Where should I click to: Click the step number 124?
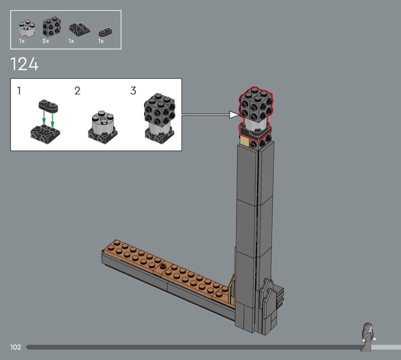pos(24,64)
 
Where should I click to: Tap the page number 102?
pos(16,347)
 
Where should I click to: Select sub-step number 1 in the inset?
pos(19,91)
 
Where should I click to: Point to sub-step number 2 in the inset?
pos(78,91)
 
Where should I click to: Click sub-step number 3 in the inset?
pos(133,91)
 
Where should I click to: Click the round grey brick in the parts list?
pos(27,29)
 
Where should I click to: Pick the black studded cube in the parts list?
pos(52,27)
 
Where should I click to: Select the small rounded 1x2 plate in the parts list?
pos(106,32)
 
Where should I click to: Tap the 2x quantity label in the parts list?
pos(46,41)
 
